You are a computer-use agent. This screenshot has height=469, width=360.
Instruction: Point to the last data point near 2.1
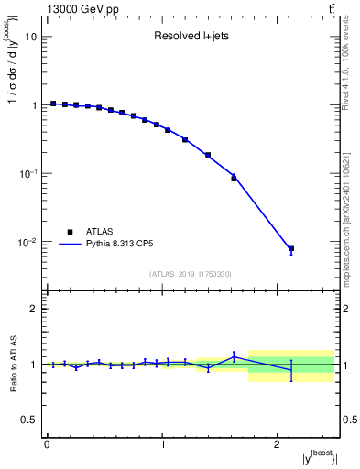(x=291, y=249)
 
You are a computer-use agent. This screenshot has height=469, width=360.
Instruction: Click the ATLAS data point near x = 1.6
(x=234, y=178)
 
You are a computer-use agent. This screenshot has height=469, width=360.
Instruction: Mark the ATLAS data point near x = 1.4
(x=208, y=155)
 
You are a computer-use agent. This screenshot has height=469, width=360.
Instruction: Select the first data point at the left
(x=53, y=104)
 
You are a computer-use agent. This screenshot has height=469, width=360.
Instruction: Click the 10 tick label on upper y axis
(x=31, y=37)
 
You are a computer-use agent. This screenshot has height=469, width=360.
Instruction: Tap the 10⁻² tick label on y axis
(x=27, y=242)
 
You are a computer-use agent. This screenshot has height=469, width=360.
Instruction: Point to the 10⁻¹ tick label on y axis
(x=27, y=173)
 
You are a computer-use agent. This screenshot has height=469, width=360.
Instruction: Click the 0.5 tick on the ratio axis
(x=29, y=420)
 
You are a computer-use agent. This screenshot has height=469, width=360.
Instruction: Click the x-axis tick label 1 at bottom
(x=162, y=444)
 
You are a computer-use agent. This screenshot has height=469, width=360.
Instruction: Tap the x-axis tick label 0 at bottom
(x=47, y=444)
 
